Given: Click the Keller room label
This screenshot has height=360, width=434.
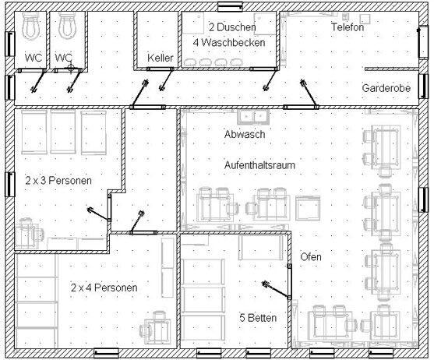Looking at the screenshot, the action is click(161, 58).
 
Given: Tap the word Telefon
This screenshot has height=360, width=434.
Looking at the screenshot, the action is click(348, 26).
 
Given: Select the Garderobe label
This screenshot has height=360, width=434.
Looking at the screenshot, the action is click(386, 88).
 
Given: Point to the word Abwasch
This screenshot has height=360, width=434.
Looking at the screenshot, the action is click(245, 134).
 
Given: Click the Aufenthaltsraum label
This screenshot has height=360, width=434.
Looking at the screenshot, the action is click(259, 165).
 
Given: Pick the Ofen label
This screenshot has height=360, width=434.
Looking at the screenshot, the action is click(311, 257).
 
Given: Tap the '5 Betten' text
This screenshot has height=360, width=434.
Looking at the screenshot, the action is click(258, 318).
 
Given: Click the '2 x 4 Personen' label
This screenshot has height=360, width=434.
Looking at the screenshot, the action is click(104, 288).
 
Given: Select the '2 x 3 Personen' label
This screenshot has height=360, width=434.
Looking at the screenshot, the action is click(58, 181).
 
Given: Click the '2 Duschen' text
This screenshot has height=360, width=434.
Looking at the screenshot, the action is click(232, 27).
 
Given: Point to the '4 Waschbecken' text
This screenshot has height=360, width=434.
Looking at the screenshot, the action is click(229, 42).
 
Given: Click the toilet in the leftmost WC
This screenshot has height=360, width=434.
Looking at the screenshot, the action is click(30, 26).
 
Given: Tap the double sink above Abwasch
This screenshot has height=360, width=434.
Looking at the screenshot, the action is click(253, 117).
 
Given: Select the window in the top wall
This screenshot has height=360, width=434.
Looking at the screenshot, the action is click(231, 7).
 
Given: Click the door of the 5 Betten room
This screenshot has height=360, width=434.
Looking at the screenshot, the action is click(289, 281).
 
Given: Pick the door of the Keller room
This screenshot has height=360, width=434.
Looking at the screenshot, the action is click(161, 69).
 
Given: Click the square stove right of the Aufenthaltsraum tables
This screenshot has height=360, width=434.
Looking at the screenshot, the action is click(308, 208).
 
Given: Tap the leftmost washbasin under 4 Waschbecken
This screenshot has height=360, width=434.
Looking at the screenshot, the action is click(189, 62).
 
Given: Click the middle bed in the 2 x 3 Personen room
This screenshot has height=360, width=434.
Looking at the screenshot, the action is click(63, 132).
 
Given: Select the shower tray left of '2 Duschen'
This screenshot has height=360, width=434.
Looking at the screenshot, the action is click(193, 23).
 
